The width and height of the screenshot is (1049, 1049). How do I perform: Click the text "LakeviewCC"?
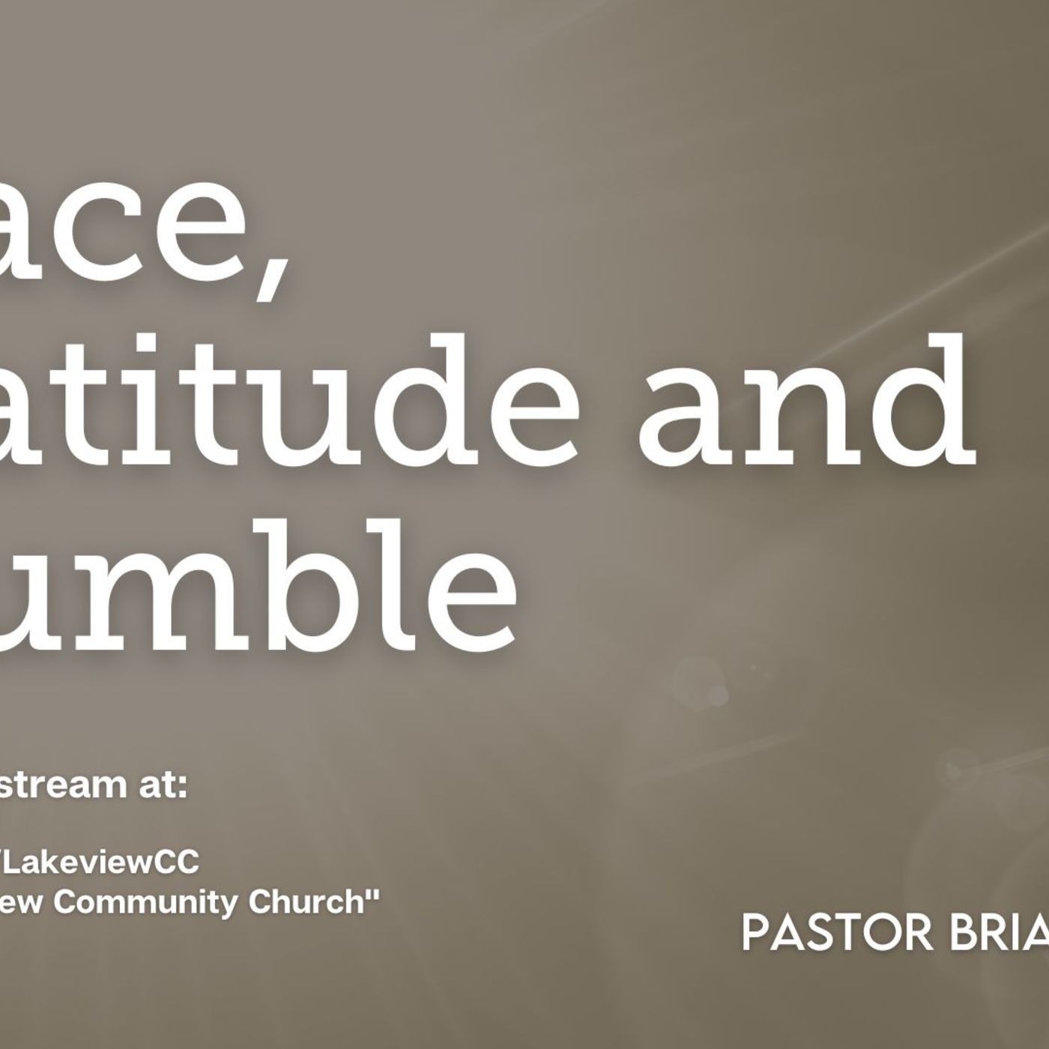point(105,862)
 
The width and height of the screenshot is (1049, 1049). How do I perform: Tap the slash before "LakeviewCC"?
point(4,862)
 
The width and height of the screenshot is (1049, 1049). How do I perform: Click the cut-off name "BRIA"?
point(997,932)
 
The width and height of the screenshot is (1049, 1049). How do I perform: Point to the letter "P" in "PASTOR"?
point(755,932)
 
